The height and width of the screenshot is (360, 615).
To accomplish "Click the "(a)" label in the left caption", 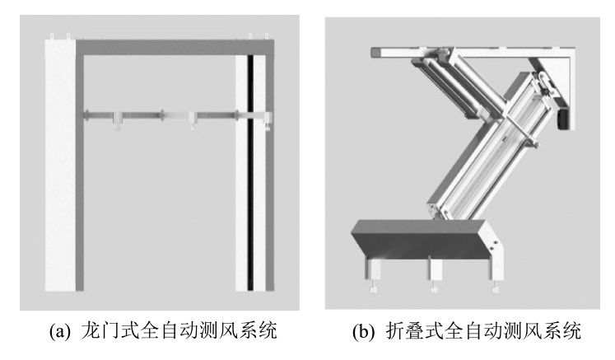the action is tap(60, 331).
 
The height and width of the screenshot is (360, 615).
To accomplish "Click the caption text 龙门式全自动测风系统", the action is tap(179, 330).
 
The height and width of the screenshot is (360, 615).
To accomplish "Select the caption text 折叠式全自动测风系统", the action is tap(483, 330).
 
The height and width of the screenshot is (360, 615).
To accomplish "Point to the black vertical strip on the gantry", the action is tap(250, 173).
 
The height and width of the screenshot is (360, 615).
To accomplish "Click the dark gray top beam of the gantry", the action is tap(175, 47).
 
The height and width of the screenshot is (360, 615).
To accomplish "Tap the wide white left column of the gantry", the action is tap(60, 165).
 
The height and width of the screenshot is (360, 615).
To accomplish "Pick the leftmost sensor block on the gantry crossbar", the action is tap(117, 120).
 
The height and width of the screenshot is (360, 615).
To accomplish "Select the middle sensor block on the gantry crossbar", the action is tap(193, 120).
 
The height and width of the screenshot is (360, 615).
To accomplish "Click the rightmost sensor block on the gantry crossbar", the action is tap(268, 120).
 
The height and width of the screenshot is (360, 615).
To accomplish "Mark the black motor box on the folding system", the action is tap(563, 118).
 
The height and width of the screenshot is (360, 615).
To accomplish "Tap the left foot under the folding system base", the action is tap(373, 276).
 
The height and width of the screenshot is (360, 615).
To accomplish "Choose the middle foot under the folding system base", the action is tap(435, 276).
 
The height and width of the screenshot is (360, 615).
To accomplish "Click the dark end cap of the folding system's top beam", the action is tap(375, 52).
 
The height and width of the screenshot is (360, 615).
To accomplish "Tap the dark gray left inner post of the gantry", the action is tap(80, 173).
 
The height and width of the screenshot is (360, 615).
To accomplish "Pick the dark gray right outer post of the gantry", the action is tap(270, 173).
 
